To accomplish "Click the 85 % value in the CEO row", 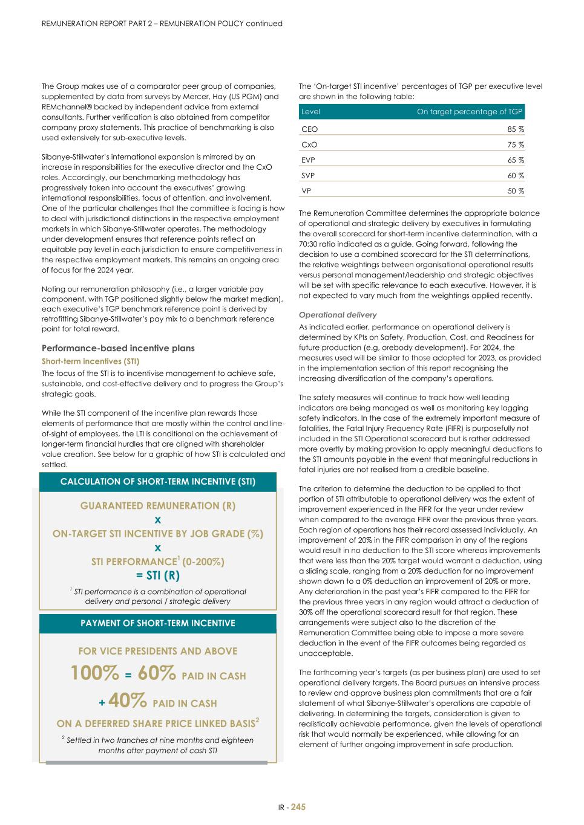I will click(x=516, y=129).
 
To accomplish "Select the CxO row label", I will click(x=309, y=145).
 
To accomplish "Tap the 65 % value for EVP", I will click(x=516, y=160).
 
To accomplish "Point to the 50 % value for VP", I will click(x=516, y=191).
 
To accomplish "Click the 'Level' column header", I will click(x=310, y=112).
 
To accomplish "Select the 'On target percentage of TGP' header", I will click(x=469, y=112).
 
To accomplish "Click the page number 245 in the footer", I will click(x=298, y=807).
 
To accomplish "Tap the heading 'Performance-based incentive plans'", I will click(x=118, y=348).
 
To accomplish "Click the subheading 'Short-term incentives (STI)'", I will click(x=90, y=361).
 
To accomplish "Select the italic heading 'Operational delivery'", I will click(x=338, y=315).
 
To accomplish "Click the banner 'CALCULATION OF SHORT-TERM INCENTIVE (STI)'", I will click(x=158, y=482).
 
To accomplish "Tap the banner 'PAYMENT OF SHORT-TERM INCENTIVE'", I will click(x=158, y=623).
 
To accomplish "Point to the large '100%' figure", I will click(x=95, y=673).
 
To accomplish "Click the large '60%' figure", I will click(x=157, y=673).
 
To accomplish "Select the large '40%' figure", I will click(x=128, y=701).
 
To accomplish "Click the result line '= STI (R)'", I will click(x=158, y=575).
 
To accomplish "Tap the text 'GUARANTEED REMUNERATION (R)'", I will click(x=158, y=506).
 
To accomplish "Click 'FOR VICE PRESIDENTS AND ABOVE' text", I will click(x=158, y=651).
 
